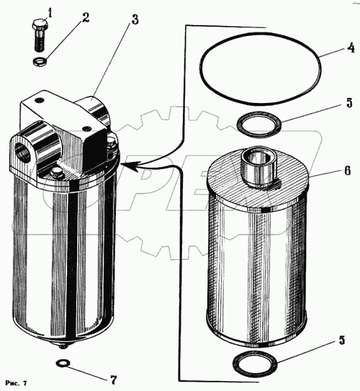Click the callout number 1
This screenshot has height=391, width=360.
[50, 14]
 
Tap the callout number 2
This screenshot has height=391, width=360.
[86, 17]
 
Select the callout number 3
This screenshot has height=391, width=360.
[135, 19]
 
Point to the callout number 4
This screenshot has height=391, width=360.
[351, 48]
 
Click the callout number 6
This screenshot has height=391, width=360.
[348, 171]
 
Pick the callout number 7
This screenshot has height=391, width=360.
[113, 379]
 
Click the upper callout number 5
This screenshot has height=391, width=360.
[349, 103]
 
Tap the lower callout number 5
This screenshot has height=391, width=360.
[342, 340]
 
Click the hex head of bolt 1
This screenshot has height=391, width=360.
[40, 24]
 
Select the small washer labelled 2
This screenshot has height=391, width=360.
[40, 61]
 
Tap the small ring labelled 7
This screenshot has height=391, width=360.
[63, 364]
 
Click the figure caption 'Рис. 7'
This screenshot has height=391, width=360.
[15, 383]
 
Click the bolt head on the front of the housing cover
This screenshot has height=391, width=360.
[57, 173]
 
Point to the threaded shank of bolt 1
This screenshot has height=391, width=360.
[39, 40]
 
